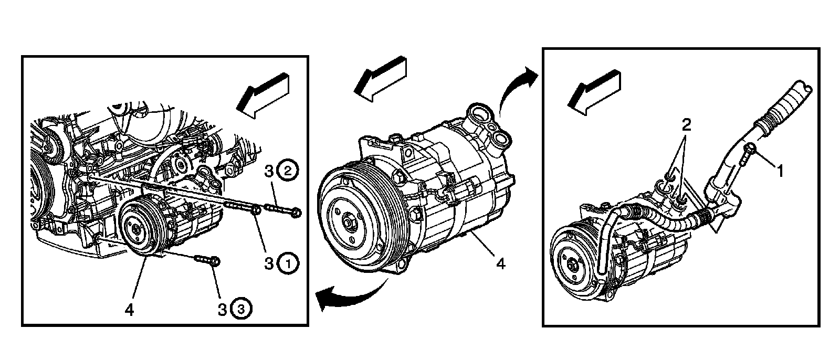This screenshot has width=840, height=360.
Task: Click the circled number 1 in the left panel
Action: pyautogui.click(x=288, y=263)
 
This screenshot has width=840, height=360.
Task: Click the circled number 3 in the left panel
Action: pyautogui.click(x=241, y=310)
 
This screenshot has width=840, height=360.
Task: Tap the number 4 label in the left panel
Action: pyautogui.click(x=129, y=310)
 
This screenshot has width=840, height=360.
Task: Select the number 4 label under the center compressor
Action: pyautogui.click(x=501, y=264)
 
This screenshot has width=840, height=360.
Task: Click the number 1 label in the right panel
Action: pyautogui.click(x=780, y=172)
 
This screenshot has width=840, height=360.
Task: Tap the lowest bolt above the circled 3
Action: pyautogui.click(x=207, y=260)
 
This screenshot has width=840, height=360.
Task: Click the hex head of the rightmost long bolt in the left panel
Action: pyautogui.click(x=296, y=213)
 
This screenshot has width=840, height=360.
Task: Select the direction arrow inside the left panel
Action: pyautogui.click(x=262, y=96)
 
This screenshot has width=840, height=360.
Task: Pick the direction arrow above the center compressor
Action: pyautogui.click(x=380, y=79)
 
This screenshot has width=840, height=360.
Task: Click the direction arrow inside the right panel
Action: pyautogui.click(x=594, y=93)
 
